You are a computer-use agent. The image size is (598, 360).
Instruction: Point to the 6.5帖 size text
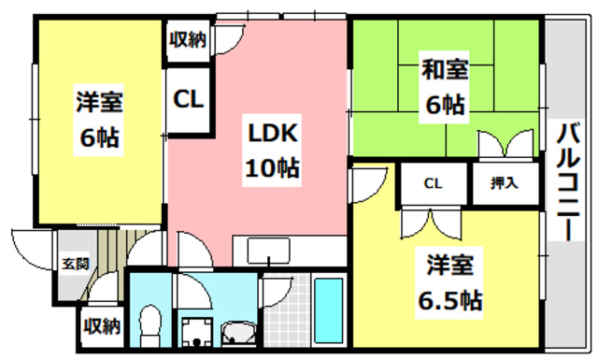449,300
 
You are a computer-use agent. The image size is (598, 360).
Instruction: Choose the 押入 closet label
505,183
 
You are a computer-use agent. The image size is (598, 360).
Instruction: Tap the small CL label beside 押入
433,183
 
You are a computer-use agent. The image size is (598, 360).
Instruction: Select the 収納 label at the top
187,39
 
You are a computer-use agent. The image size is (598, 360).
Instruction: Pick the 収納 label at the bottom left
100,326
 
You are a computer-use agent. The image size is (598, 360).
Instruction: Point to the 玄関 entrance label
77,265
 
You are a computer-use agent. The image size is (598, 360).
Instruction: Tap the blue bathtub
327,310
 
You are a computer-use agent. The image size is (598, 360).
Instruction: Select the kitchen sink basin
272,252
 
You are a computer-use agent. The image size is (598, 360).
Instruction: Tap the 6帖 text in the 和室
444,105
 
